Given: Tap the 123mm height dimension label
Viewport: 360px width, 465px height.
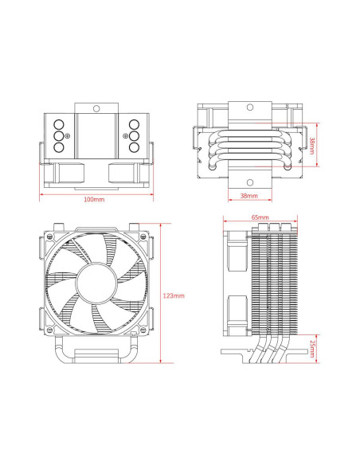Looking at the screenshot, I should pyautogui.click(x=174, y=295).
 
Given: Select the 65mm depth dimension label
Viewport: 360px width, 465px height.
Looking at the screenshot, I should pyautogui.click(x=260, y=217).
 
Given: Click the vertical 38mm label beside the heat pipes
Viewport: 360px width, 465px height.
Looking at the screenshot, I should pyautogui.click(x=312, y=146).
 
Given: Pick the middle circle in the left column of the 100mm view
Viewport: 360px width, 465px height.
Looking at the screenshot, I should pyautogui.click(x=59, y=135).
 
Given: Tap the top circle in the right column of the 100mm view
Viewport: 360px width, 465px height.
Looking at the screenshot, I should pyautogui.click(x=133, y=125).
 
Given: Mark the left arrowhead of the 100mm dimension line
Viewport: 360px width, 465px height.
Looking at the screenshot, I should pyautogui.click(x=41, y=193).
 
